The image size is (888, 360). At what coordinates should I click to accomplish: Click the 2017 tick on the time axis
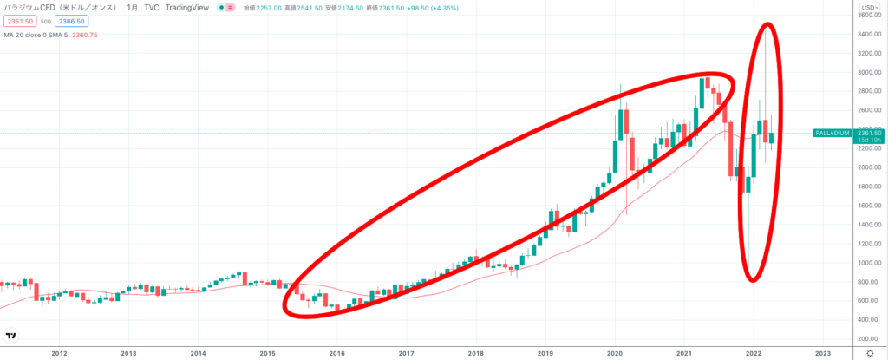(x=407, y=353)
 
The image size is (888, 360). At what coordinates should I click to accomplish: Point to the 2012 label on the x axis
(x=60, y=353)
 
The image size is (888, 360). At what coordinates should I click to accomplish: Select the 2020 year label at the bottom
(x=615, y=353)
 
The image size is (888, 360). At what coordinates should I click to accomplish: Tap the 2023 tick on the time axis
(x=823, y=353)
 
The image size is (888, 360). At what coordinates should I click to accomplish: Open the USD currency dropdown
(x=869, y=6)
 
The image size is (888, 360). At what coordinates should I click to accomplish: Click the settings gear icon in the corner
(x=870, y=353)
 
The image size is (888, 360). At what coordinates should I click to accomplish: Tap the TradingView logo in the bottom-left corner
(x=12, y=336)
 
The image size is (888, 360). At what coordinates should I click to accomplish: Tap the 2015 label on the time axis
(x=268, y=353)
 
